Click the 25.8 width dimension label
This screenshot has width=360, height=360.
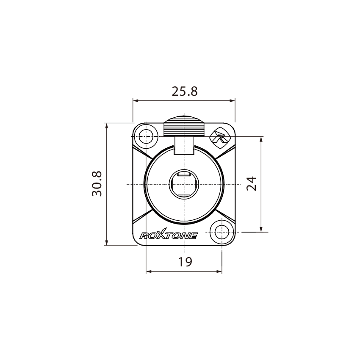click(x=185, y=91)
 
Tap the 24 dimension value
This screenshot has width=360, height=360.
click(x=252, y=184)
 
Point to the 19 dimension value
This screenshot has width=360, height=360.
click(x=185, y=262)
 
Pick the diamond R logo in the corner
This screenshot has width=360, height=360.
click(x=219, y=138)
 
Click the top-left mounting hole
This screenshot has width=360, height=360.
click(x=146, y=136)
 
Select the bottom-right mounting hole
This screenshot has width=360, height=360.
click(x=222, y=232)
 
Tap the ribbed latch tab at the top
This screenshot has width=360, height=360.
click(x=184, y=127)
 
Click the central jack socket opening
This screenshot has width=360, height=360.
click(x=183, y=184)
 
